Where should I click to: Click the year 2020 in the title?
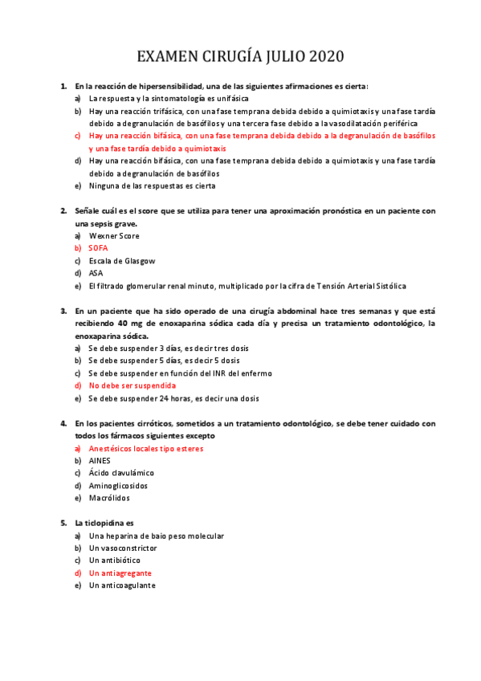(322, 56)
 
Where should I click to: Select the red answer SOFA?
(98, 248)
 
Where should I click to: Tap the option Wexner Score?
(114, 236)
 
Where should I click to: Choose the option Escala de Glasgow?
(122, 261)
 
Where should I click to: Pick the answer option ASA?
(96, 273)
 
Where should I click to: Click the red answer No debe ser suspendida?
(133, 385)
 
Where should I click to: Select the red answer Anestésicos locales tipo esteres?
(146, 448)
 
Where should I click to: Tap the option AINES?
(100, 461)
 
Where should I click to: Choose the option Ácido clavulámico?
(121, 473)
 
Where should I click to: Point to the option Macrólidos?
(109, 498)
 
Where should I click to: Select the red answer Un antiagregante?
(120, 573)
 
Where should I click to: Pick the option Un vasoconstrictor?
(123, 548)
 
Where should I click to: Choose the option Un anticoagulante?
(122, 585)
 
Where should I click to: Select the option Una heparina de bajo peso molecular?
(157, 536)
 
